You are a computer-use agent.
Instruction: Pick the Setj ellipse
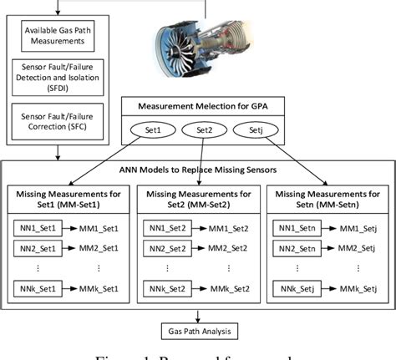click(255, 129)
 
